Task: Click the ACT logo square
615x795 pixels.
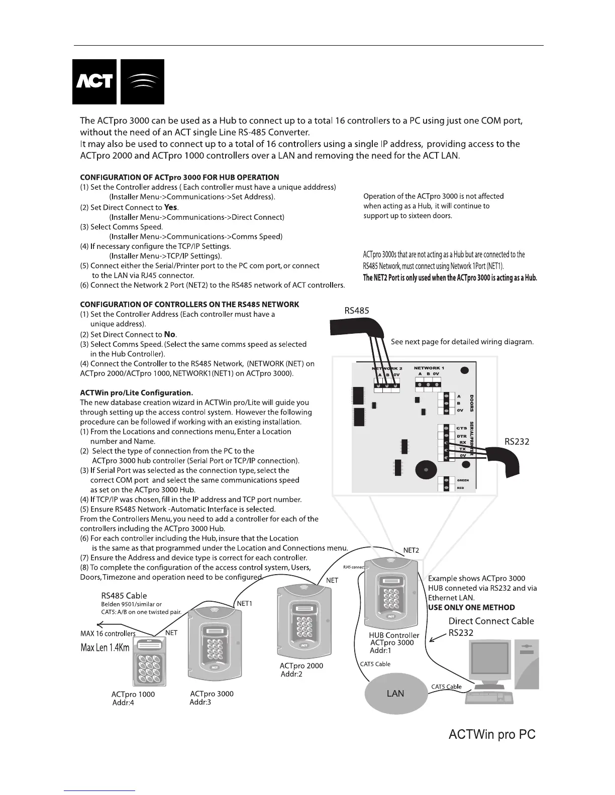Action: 94,81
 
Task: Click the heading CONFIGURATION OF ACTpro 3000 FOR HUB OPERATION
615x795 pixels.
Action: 179,177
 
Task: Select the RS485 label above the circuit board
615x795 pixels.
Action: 357,311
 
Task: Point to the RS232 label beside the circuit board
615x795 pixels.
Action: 517,442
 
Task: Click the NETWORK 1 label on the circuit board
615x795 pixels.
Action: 429,368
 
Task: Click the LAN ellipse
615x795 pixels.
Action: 395,693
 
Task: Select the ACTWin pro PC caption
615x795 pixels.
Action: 492,735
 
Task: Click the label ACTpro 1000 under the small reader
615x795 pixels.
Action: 133,694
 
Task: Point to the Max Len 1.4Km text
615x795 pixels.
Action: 105,647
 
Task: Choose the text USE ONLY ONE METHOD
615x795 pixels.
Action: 471,607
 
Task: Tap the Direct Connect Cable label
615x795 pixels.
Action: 491,621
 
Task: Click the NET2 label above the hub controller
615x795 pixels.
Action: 411,550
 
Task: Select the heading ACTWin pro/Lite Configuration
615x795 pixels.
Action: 136,392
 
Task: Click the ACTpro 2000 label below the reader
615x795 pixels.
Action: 301,666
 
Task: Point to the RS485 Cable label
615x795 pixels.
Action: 124,596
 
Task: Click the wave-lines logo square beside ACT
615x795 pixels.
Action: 142,81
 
